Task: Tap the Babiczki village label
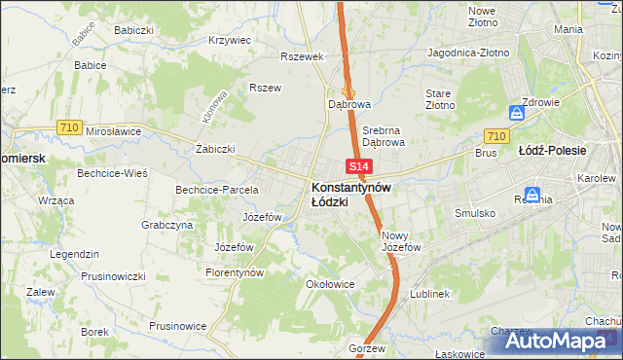point(133,30)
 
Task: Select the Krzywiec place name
point(230,41)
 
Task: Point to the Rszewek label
point(301,56)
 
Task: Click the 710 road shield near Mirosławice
point(68,127)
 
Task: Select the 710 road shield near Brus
point(495,137)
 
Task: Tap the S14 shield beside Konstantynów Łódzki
point(357,167)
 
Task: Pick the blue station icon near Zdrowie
point(518,113)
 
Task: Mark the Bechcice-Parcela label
point(216,190)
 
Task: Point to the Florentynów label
point(235,273)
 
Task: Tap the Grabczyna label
point(166,225)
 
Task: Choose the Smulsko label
point(476,212)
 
